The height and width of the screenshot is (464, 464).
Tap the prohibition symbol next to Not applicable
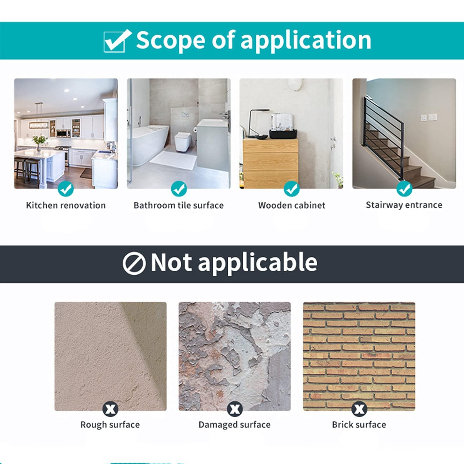point(134,263)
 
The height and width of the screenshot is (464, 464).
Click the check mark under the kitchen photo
point(66,189)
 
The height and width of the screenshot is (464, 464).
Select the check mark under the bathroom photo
point(179,189)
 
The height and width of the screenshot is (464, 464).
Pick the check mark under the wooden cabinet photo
point(291,189)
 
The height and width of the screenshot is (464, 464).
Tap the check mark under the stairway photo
point(404,189)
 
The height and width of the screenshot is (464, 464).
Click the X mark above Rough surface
point(110,409)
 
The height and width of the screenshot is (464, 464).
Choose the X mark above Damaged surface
point(235,409)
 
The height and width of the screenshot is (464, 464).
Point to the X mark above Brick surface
point(359,409)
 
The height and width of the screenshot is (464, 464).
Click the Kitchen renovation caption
point(66,205)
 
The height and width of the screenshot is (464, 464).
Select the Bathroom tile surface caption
point(179,205)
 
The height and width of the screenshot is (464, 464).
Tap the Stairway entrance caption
point(404,205)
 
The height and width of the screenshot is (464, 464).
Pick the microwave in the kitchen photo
point(64,133)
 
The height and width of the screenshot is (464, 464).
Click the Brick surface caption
point(359,425)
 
